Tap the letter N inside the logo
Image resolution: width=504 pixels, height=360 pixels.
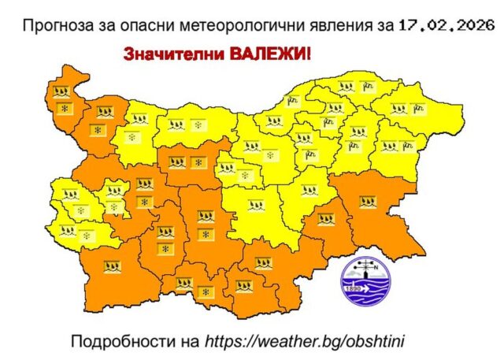pyautogui.click(x=385, y=267)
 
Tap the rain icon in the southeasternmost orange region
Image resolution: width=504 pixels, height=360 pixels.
pyautogui.click(x=367, y=201)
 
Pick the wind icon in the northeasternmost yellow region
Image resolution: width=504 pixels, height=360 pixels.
pyautogui.click(x=415, y=106)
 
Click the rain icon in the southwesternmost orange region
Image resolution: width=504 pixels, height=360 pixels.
pyautogui.click(x=112, y=265)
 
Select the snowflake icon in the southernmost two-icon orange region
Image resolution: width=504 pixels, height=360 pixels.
pyautogui.click(x=206, y=292)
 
